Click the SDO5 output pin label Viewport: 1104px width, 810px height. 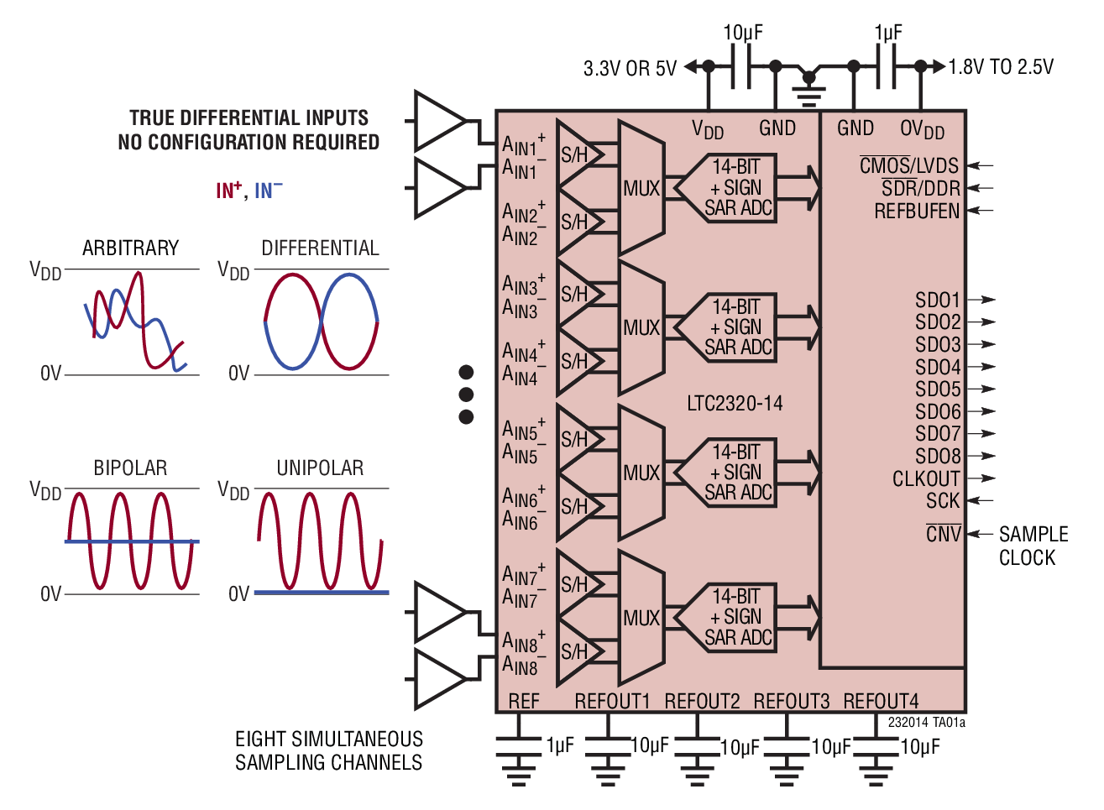click(x=938, y=389)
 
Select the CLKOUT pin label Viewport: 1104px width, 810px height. click(x=926, y=479)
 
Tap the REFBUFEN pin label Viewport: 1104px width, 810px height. click(x=917, y=212)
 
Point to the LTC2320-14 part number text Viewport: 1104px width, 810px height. click(x=735, y=404)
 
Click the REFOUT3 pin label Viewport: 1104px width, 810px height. click(x=791, y=701)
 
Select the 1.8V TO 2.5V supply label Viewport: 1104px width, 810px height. click(x=1001, y=67)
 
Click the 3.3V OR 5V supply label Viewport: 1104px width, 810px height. click(x=630, y=68)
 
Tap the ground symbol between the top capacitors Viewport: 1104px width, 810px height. click(x=808, y=86)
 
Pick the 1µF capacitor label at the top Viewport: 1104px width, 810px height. click(x=888, y=33)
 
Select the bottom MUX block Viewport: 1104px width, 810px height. click(x=641, y=619)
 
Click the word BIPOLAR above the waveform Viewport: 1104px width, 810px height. click(x=130, y=468)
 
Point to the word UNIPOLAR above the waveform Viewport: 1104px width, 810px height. click(x=320, y=468)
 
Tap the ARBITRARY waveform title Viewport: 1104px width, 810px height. click(x=130, y=248)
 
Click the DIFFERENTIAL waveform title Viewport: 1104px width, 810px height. click(x=320, y=248)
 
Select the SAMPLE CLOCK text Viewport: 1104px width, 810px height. click(x=1033, y=546)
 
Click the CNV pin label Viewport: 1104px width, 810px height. click(x=944, y=534)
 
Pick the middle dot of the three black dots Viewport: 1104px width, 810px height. click(x=466, y=395)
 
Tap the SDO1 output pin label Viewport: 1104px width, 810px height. click(x=938, y=300)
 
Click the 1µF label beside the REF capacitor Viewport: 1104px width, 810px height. click(x=560, y=745)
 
